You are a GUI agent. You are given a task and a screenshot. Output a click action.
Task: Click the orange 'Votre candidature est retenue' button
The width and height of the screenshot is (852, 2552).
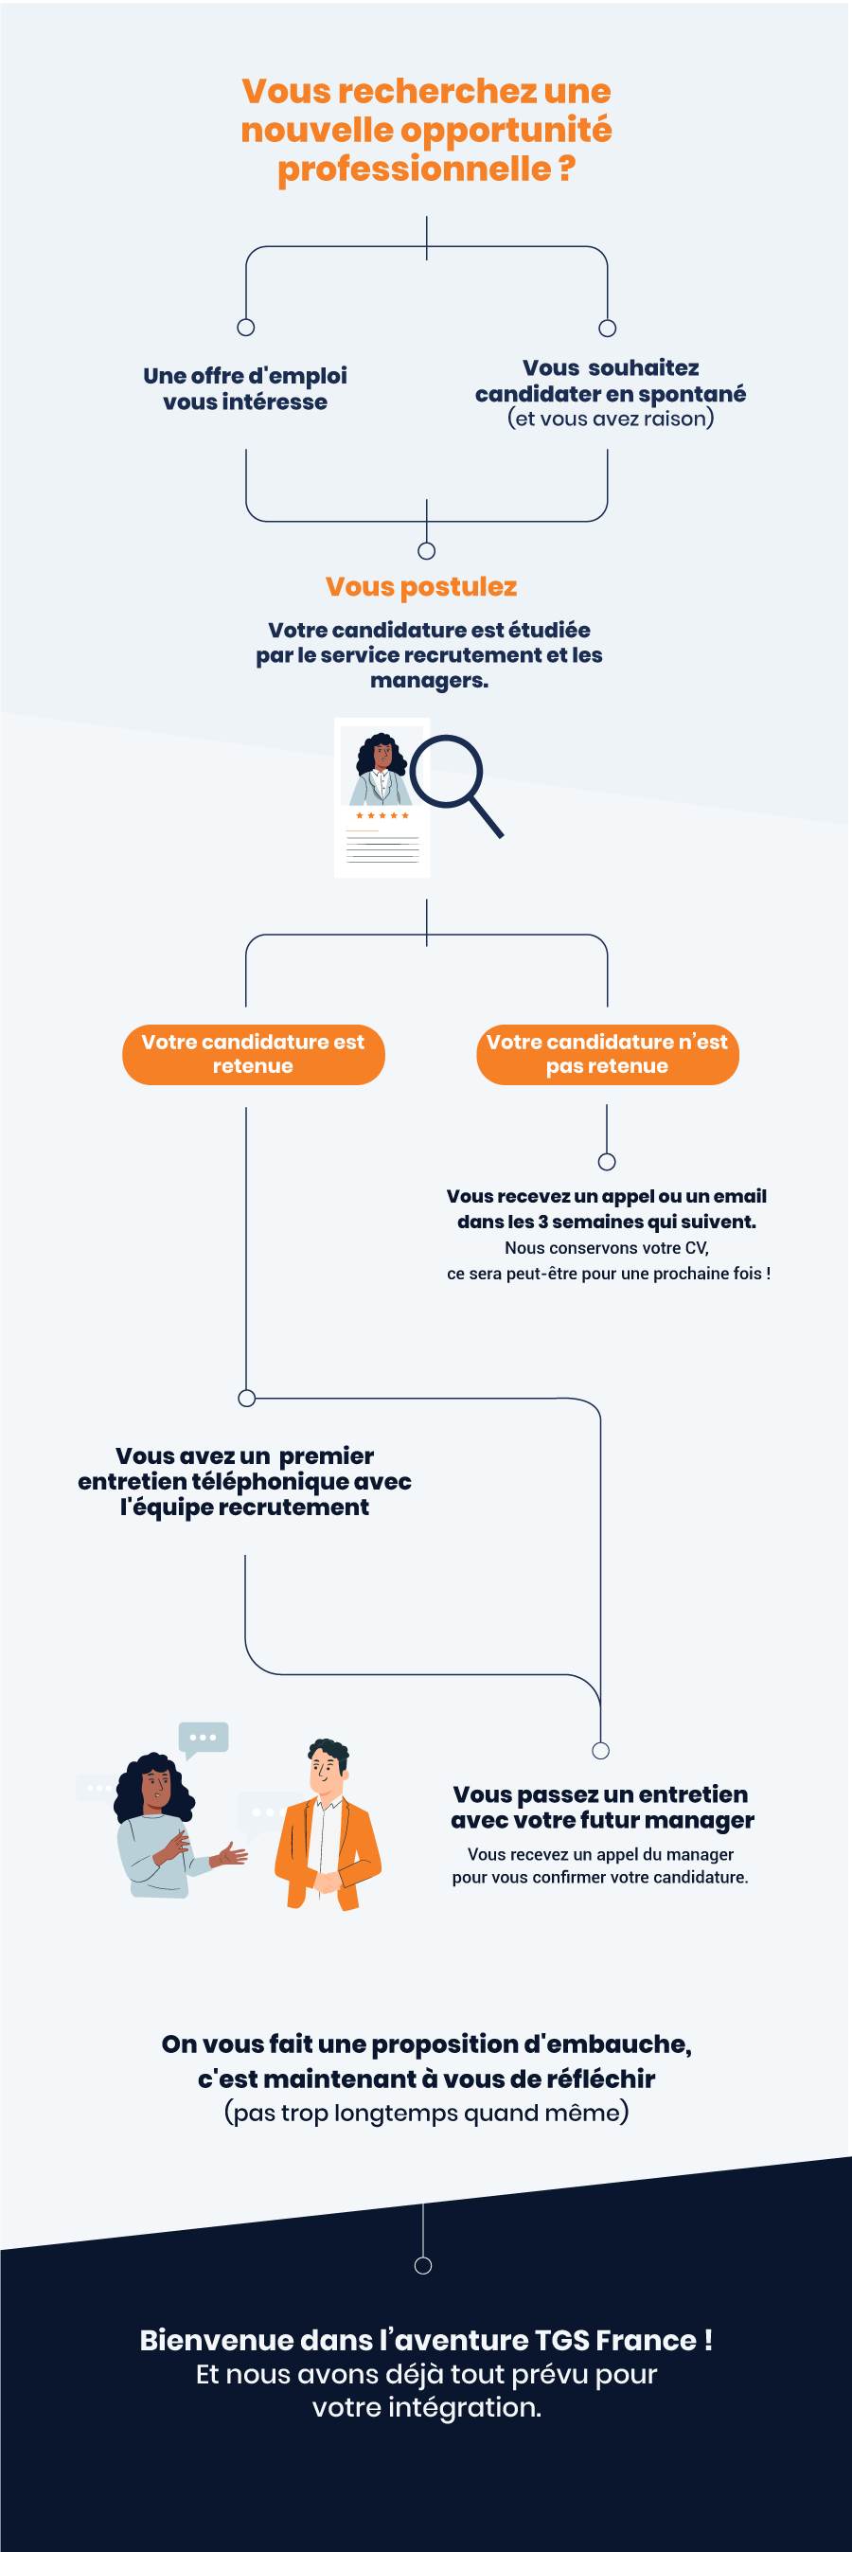point(253,1054)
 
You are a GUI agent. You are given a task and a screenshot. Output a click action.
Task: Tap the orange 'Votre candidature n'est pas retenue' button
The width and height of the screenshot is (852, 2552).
point(608,1054)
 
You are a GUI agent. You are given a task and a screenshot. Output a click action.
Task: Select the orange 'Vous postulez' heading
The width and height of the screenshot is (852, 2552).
point(421,586)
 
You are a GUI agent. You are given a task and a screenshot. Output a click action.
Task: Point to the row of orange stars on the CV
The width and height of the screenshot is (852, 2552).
point(382,815)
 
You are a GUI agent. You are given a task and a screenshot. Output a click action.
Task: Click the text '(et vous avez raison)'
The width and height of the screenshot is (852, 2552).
point(611,418)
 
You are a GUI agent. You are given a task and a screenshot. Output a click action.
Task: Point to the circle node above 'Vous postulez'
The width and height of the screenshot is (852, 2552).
point(426,551)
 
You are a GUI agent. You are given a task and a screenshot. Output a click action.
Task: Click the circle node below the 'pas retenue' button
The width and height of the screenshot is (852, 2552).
point(608,1161)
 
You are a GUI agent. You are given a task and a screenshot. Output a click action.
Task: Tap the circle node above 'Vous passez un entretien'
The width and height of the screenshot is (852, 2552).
point(600,1751)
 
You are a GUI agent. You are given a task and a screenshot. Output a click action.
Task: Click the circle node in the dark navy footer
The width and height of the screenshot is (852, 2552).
point(423,2266)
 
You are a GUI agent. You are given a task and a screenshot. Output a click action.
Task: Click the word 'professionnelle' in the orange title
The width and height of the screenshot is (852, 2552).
point(413,169)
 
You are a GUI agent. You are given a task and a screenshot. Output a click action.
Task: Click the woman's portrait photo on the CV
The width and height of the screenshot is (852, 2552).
point(382,766)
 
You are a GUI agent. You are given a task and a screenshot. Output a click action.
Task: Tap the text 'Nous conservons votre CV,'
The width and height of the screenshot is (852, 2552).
point(606,1247)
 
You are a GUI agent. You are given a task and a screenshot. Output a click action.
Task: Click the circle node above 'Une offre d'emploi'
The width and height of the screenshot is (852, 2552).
point(246,327)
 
